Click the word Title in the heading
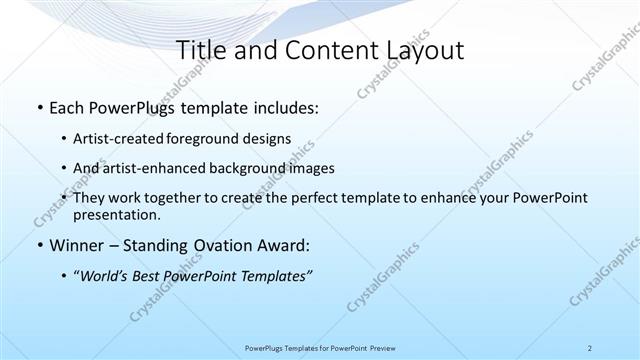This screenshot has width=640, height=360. [x=199, y=50]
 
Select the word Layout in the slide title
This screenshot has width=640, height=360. [x=428, y=50]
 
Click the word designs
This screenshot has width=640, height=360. [x=271, y=138]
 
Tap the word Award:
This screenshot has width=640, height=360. [x=290, y=246]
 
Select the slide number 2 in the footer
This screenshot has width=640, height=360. [x=590, y=347]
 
